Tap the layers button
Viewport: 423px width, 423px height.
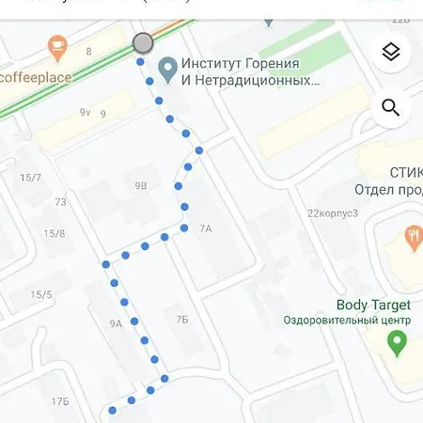391,54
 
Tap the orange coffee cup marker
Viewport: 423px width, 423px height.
57,43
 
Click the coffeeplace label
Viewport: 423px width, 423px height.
32,76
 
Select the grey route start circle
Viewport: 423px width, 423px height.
143,42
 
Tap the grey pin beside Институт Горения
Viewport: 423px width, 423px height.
168,69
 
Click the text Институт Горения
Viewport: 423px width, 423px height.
240,64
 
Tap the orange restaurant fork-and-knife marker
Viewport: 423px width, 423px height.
413,237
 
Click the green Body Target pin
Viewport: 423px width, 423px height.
398,343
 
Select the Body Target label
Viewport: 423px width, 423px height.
373,305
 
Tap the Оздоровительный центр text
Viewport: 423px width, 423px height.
347,320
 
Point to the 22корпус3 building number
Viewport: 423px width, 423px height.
333,212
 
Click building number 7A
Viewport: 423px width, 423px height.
206,228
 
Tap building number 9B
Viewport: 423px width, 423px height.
141,186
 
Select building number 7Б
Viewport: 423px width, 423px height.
182,320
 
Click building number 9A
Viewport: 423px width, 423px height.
116,323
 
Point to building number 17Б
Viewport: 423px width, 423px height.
60,401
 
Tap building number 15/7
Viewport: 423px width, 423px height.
31,178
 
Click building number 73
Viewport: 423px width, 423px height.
60,202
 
